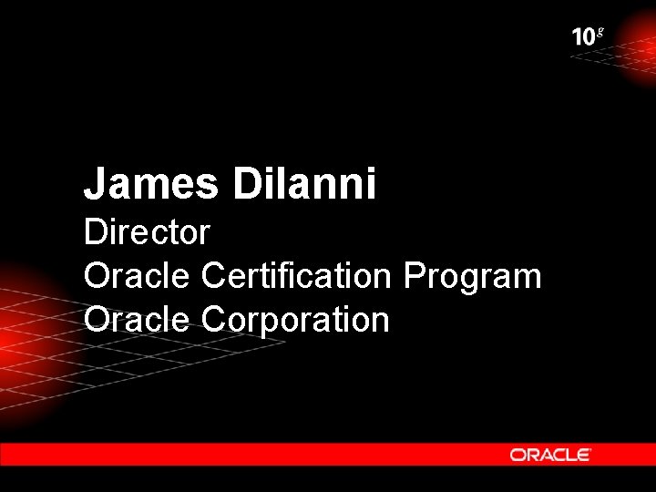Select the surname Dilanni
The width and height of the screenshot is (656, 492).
coord(304,184)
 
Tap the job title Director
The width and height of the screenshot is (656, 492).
coord(147,232)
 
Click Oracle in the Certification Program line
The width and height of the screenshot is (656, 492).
coord(137,275)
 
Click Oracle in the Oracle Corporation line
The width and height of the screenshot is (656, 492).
coord(137,319)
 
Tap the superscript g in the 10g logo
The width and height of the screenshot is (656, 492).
coord(599,32)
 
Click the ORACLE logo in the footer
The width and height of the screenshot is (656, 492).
coord(550,455)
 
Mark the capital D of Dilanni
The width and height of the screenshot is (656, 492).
coord(247,184)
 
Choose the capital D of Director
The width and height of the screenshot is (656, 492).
coord(95,232)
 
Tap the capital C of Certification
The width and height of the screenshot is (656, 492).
coord(214,275)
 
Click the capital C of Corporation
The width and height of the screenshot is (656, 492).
coord(214,319)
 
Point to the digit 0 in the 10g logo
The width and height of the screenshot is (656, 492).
coord(589,37)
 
